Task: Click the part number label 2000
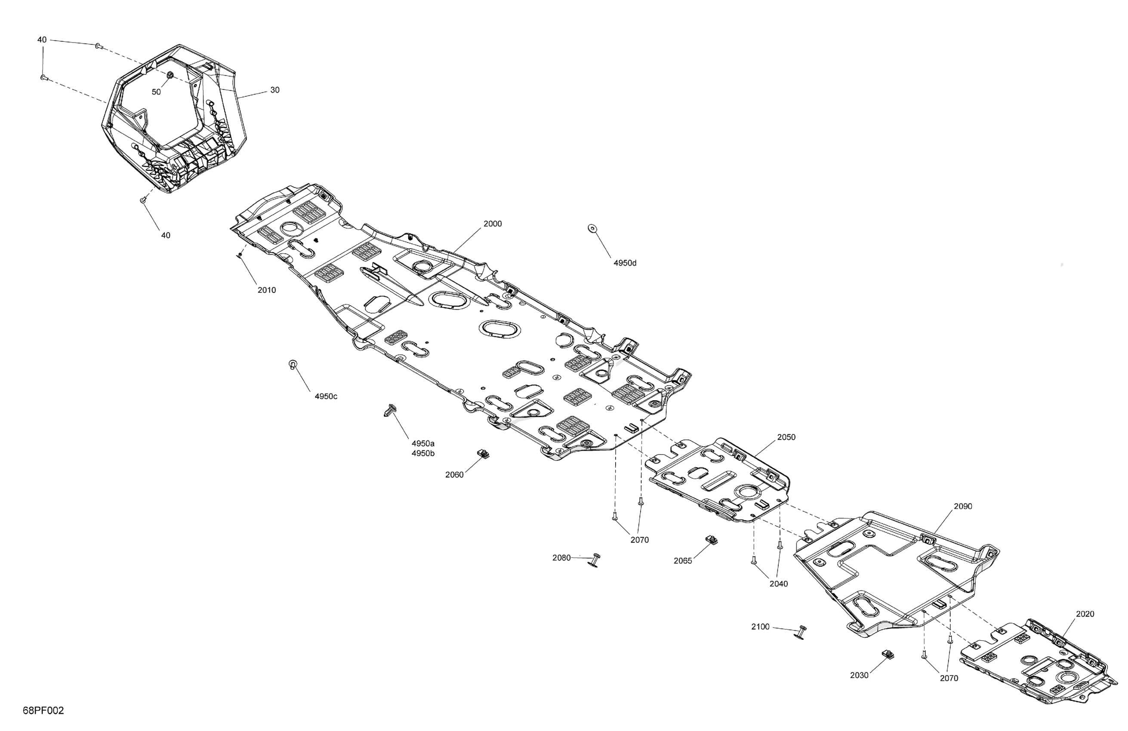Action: (x=493, y=224)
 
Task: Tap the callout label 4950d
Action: (x=625, y=263)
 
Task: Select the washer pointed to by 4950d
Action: (x=592, y=228)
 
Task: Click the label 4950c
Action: (x=326, y=396)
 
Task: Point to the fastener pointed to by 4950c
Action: (x=293, y=364)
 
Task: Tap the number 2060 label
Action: (x=454, y=475)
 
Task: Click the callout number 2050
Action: (x=786, y=437)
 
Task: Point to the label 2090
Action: (x=963, y=506)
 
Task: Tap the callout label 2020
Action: (x=1085, y=614)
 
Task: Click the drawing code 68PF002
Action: (x=43, y=711)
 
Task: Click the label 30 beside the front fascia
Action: (x=275, y=90)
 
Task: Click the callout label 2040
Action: (x=779, y=584)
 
